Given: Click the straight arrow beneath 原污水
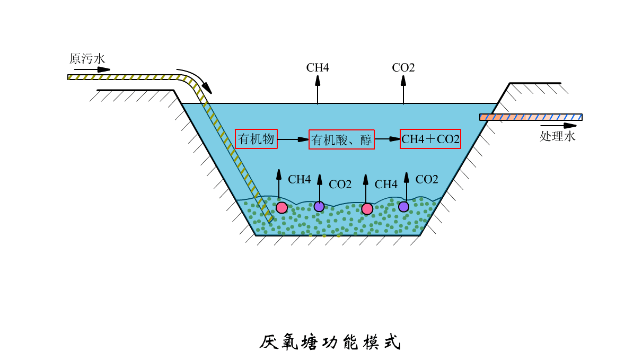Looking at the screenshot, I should coord(92,69).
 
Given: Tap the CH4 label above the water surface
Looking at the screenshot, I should coord(318,68).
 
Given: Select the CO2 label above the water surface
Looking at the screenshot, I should coord(403,68).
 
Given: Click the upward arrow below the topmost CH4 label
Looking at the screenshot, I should coord(318,90).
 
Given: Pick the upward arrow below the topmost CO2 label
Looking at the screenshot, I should coord(403,90).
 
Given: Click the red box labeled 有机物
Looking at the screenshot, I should coord(257,139).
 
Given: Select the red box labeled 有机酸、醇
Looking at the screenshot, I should coord(341,139).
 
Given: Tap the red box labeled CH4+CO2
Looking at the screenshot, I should coord(430,139).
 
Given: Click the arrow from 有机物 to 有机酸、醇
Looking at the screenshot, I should coord(293,139).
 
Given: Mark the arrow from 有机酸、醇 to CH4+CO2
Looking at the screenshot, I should coord(387,139).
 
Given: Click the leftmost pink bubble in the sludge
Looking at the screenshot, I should coord(282,207).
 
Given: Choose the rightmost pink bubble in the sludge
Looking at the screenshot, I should coord(367,208).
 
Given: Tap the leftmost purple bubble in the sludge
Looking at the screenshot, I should coord(319,206).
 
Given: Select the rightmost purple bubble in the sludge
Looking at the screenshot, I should coord(404,207).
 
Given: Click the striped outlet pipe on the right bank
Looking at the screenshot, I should coord(531,117).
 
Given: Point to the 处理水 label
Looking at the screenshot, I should coord(557,136).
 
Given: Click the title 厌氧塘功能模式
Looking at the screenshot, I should coord(330,343).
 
